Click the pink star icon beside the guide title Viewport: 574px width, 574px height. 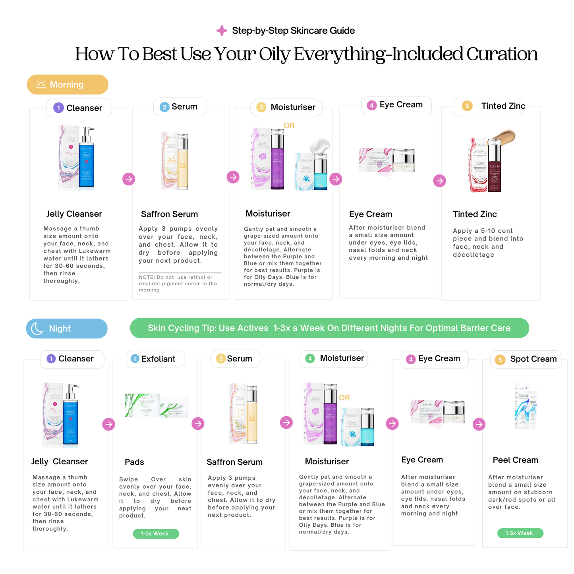tap(221, 31)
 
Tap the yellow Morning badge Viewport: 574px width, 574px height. tap(68, 85)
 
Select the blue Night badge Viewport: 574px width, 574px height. tap(67, 329)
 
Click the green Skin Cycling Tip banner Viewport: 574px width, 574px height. tap(329, 328)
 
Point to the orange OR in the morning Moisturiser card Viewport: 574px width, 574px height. tap(289, 126)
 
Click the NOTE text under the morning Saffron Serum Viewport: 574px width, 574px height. tap(178, 284)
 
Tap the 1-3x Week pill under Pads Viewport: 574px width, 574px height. tap(156, 533)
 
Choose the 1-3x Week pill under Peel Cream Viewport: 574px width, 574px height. tap(520, 533)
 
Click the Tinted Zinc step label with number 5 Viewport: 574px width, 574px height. tap(488, 106)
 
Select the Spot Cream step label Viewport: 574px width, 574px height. tap(526, 359)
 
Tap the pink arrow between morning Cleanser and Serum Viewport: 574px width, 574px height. tap(129, 179)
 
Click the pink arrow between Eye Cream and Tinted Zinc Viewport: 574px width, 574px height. tap(439, 181)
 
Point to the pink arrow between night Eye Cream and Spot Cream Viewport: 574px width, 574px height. tap(479, 424)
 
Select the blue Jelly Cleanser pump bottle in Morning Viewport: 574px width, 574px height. tap(86, 159)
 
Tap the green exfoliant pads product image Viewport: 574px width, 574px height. tap(156, 406)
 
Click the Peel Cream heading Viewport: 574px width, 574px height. tap(515, 460)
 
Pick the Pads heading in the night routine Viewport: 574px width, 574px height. tap(134, 462)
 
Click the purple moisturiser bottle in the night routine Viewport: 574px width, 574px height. tap(330, 415)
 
